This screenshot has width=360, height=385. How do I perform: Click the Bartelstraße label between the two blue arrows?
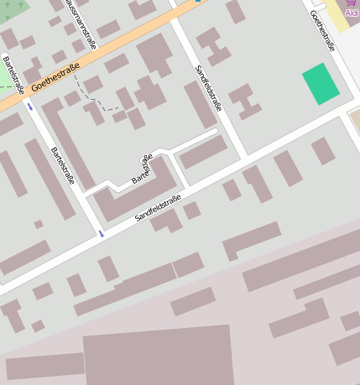point(63,165)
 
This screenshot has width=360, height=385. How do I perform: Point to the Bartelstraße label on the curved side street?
point(143,169)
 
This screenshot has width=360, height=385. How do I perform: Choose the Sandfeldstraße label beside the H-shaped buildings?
point(209,88)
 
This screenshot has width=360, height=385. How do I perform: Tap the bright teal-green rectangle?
point(321,83)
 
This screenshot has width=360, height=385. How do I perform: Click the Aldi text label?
point(352,13)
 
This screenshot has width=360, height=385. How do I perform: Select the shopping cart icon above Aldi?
point(352,3)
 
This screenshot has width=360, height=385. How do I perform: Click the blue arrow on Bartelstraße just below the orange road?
point(31,107)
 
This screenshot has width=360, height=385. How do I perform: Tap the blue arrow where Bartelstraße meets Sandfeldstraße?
point(101,232)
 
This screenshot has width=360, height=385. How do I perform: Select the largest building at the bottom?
point(159,356)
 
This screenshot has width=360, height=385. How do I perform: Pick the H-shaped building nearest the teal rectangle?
point(245,100)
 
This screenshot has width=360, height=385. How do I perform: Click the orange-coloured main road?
point(109,50)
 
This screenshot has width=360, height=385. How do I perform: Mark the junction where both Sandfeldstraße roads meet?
point(247,158)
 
